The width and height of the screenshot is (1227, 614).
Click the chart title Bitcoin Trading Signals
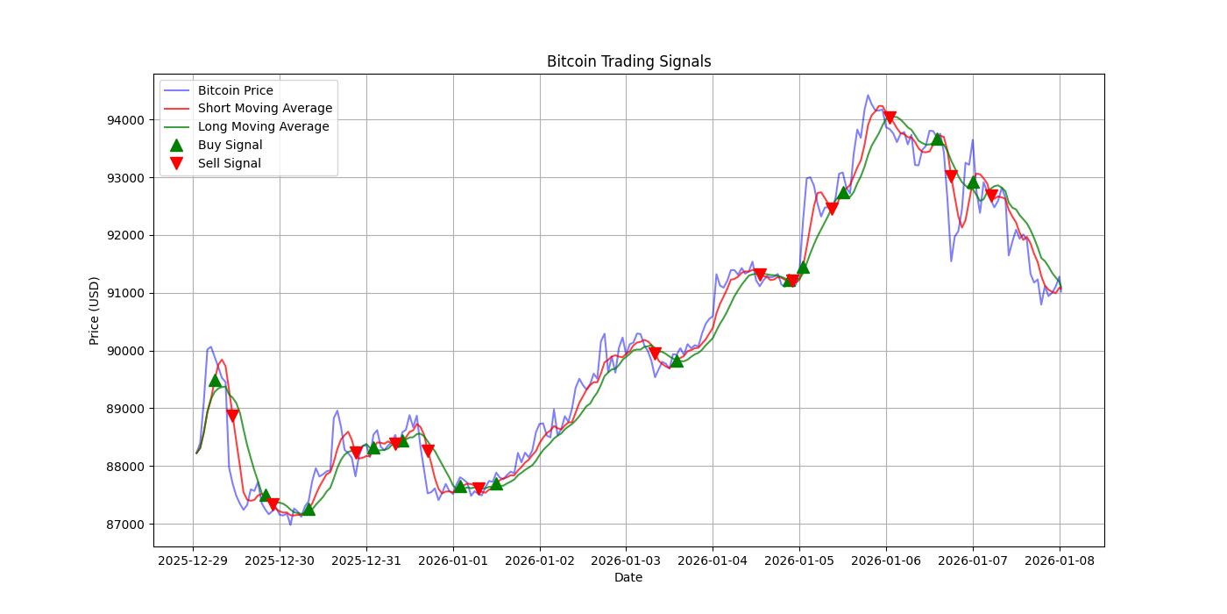(x=628, y=61)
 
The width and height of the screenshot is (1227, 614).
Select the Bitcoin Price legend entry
(x=235, y=90)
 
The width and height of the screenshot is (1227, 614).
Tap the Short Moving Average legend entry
(x=265, y=109)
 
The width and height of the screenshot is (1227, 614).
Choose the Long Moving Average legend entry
(x=263, y=126)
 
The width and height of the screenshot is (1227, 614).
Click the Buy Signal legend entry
(x=230, y=145)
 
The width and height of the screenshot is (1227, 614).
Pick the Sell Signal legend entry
(x=229, y=163)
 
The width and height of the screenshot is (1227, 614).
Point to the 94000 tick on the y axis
(x=127, y=120)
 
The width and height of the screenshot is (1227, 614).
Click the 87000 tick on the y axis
(x=127, y=525)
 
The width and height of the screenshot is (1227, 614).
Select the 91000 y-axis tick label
(x=127, y=293)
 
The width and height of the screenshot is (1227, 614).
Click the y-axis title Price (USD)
(x=94, y=311)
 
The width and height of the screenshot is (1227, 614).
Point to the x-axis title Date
(x=628, y=577)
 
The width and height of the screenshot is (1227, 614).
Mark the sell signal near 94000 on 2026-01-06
(x=890, y=118)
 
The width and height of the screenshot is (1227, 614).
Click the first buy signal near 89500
(x=215, y=380)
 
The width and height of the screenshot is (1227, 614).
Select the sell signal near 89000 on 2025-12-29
(x=232, y=416)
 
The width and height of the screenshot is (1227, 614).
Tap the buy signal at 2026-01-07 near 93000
(x=973, y=182)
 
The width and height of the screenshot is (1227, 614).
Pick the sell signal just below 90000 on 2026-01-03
(x=655, y=354)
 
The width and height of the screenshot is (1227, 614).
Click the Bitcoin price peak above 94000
(x=868, y=96)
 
